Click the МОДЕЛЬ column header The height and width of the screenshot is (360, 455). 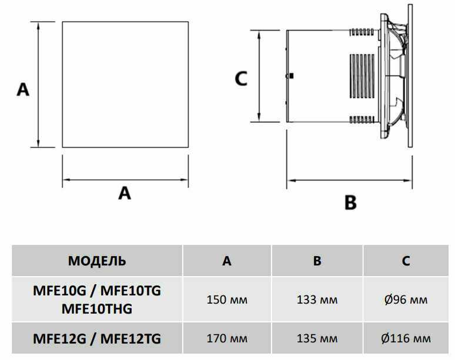pos(97,261)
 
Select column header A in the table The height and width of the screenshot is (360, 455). pos(227,261)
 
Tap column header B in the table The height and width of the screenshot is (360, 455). pos(317,261)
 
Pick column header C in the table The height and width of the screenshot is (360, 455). pos(406,261)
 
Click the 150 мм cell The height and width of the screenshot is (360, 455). pos(227,300)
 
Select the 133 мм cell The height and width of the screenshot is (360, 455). pos(317,300)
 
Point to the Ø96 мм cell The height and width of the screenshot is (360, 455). pos(406,300)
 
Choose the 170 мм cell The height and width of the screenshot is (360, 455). pos(227,338)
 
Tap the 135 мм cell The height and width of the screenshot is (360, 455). pos(317,338)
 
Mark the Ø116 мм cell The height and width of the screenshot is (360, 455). pos(406,338)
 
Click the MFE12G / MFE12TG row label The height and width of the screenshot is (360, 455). pos(97,338)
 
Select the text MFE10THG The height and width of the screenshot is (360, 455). pos(97,308)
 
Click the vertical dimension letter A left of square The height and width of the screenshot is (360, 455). pos(22,90)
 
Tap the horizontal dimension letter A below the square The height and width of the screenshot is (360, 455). pos(125,192)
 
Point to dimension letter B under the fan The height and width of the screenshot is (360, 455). pos(350,203)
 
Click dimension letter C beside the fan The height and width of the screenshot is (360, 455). pos(241,78)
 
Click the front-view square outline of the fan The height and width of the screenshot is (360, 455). pos(125,85)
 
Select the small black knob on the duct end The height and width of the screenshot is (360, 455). pos(292,76)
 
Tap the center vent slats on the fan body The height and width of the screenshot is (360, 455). pos(363,76)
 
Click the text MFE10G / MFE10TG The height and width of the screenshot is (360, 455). pos(97,291)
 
